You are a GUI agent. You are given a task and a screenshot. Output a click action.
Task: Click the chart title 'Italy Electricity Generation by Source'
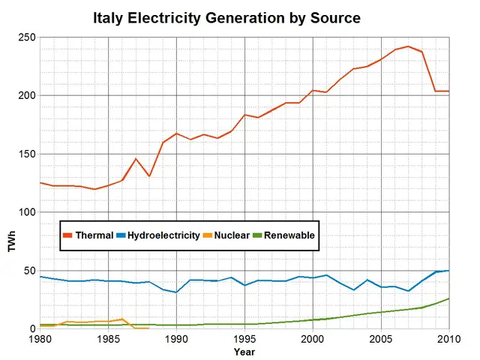[x=226, y=17]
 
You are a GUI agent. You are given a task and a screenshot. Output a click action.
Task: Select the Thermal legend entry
[x=88, y=235]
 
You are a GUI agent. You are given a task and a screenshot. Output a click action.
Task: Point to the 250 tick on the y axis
[x=26, y=37]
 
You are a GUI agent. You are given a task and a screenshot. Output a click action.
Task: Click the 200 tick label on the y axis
[x=26, y=96]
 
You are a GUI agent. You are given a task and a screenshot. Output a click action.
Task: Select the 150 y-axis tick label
[x=26, y=154]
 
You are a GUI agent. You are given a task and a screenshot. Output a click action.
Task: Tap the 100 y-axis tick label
[x=26, y=212]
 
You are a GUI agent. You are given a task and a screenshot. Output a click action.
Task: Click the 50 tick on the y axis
[x=28, y=271]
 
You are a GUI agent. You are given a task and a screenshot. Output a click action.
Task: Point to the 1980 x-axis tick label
[x=40, y=339]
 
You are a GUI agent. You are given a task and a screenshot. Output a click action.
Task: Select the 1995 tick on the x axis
[x=244, y=339]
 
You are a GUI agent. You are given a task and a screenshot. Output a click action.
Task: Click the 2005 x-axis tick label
[x=381, y=339]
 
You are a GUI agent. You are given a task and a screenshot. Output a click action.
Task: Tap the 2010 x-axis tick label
[x=448, y=339]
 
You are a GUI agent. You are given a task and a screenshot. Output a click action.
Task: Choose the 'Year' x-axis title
[x=244, y=351]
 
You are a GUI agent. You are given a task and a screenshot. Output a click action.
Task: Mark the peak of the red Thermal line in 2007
[x=408, y=46]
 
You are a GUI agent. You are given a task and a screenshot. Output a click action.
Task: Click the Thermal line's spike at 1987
[x=136, y=158]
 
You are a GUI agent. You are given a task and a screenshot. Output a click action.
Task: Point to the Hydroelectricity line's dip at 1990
[x=176, y=292]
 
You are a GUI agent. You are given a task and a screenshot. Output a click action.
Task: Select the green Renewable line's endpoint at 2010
[x=449, y=298]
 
